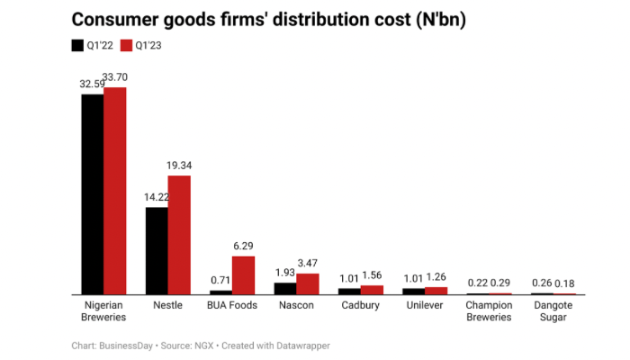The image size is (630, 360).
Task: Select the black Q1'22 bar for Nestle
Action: tap(157, 251)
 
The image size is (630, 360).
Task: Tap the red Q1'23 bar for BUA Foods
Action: tap(243, 275)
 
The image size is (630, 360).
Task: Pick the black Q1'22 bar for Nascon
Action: tap(284, 289)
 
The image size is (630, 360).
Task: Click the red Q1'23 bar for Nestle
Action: tap(179, 235)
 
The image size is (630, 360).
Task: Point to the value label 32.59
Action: tap(93, 84)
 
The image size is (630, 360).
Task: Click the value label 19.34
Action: tap(180, 166)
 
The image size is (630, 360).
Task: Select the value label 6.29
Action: tap(244, 246)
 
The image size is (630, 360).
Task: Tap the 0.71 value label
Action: tap(220, 280)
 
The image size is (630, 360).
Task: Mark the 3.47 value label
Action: tap(308, 263)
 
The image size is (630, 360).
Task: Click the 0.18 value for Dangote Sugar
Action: tap(565, 283)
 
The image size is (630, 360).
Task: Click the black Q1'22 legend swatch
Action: tap(76, 45)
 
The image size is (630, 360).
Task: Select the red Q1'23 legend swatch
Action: tap(127, 45)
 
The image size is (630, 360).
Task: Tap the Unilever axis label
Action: tap(425, 305)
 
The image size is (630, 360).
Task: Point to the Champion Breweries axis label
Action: tap(489, 310)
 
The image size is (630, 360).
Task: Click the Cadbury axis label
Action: tap(360, 305)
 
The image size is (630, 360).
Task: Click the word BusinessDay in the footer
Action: tap(127, 346)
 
